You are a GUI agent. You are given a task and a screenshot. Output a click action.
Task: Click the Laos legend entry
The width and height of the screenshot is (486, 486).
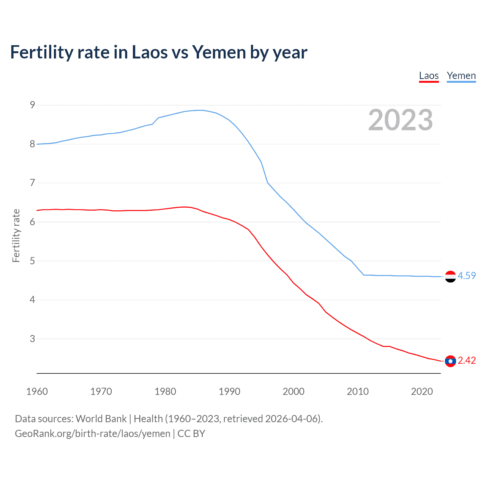(429, 76)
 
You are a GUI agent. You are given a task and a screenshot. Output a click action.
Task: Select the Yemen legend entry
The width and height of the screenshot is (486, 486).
(461, 76)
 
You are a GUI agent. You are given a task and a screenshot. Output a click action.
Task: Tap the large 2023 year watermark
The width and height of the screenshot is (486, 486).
(400, 120)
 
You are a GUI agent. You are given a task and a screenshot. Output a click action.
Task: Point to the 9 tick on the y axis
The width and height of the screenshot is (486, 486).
(32, 105)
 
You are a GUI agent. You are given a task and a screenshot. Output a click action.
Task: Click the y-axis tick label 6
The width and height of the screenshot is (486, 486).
(32, 222)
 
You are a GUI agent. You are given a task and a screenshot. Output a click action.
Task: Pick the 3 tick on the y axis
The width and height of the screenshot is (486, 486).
(32, 339)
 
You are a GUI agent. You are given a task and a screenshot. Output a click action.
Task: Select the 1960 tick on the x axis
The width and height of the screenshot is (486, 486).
(37, 391)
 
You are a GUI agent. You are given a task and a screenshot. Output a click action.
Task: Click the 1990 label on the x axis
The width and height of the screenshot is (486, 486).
(229, 391)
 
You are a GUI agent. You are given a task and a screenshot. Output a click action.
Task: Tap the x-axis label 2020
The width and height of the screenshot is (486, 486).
(422, 391)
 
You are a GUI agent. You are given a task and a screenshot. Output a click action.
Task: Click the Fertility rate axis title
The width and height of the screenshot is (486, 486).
(16, 235)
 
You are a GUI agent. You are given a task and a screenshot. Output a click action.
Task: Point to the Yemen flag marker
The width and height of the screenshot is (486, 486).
(450, 277)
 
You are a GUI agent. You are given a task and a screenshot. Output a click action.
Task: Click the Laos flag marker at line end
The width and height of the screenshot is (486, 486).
(450, 361)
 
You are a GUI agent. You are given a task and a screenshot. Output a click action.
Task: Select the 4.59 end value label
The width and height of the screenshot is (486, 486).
(467, 276)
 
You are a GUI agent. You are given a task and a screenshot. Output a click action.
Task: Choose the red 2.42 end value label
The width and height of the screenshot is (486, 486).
(467, 360)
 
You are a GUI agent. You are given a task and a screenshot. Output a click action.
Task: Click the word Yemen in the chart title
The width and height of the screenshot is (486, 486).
(219, 52)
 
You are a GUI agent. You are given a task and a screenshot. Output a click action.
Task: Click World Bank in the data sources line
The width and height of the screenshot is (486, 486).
(101, 419)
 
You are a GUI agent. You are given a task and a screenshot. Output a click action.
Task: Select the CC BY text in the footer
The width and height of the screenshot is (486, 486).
(191, 434)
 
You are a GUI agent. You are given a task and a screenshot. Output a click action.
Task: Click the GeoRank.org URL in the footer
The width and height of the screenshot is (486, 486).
(93, 434)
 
